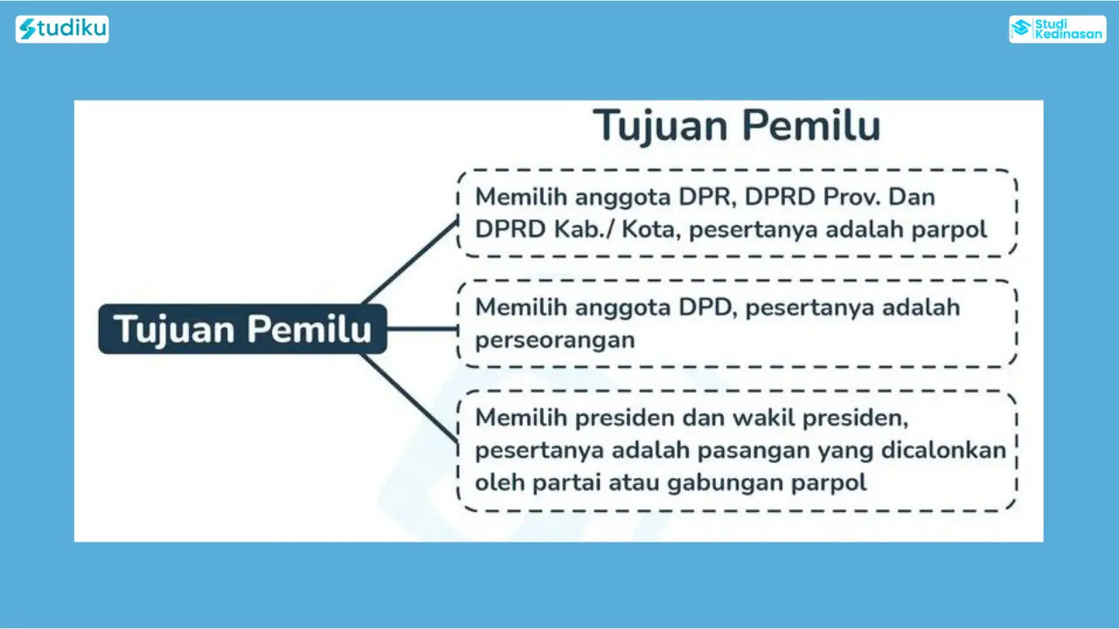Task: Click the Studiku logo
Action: click(x=62, y=29)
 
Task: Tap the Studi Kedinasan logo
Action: click(x=1058, y=29)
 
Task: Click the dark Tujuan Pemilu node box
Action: click(x=243, y=329)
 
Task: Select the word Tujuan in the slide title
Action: click(x=660, y=125)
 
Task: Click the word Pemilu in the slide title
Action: click(x=811, y=125)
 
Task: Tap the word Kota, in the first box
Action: click(x=651, y=230)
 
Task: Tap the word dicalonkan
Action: click(x=943, y=450)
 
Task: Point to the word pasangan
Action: click(x=754, y=452)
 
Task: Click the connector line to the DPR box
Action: click(x=410, y=261)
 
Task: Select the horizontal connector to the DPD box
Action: click(x=422, y=328)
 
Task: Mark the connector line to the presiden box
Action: click(x=410, y=397)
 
